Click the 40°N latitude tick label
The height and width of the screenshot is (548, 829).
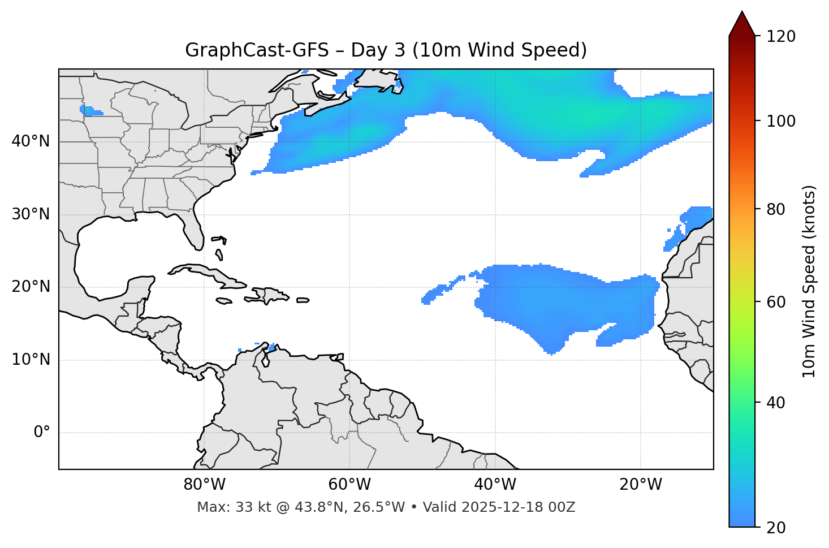click(31, 141)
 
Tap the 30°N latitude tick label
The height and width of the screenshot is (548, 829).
click(31, 214)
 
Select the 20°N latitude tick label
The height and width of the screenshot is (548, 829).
click(31, 287)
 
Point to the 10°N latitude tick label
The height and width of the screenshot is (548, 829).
click(31, 360)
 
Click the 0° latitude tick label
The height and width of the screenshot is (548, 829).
click(41, 433)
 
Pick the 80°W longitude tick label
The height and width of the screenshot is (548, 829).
click(204, 485)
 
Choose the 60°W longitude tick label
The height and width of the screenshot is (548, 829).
click(349, 485)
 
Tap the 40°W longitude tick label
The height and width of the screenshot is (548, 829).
click(495, 485)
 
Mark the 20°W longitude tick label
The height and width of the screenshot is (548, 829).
click(641, 485)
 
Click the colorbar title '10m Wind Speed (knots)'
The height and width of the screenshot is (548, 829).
click(809, 281)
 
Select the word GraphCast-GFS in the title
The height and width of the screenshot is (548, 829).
click(257, 50)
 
